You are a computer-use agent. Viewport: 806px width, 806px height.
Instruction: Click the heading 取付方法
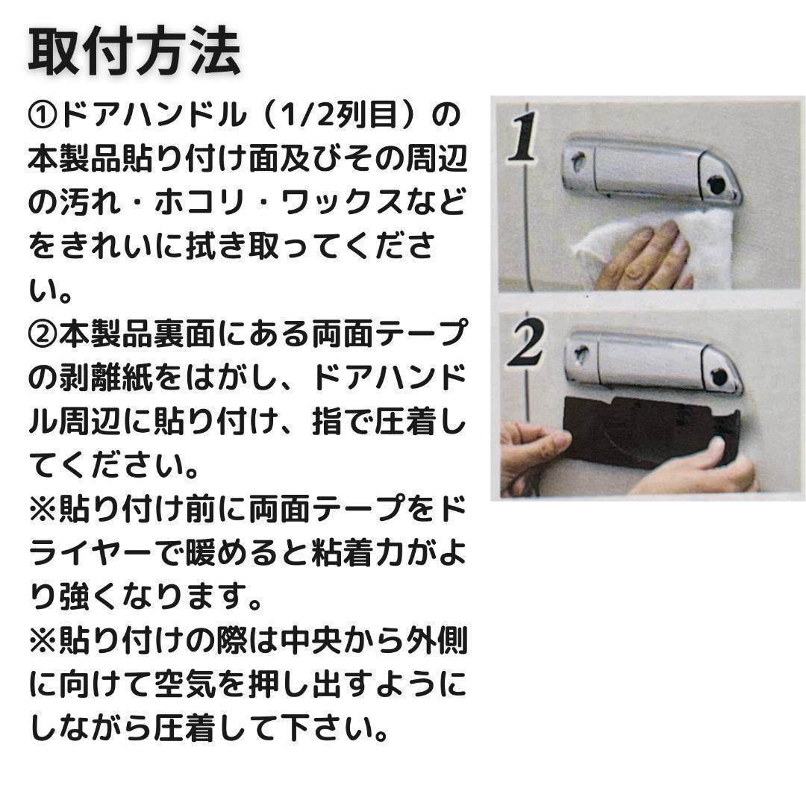(x=134, y=52)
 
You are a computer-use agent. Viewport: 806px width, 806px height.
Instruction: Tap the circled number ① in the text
(x=43, y=116)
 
